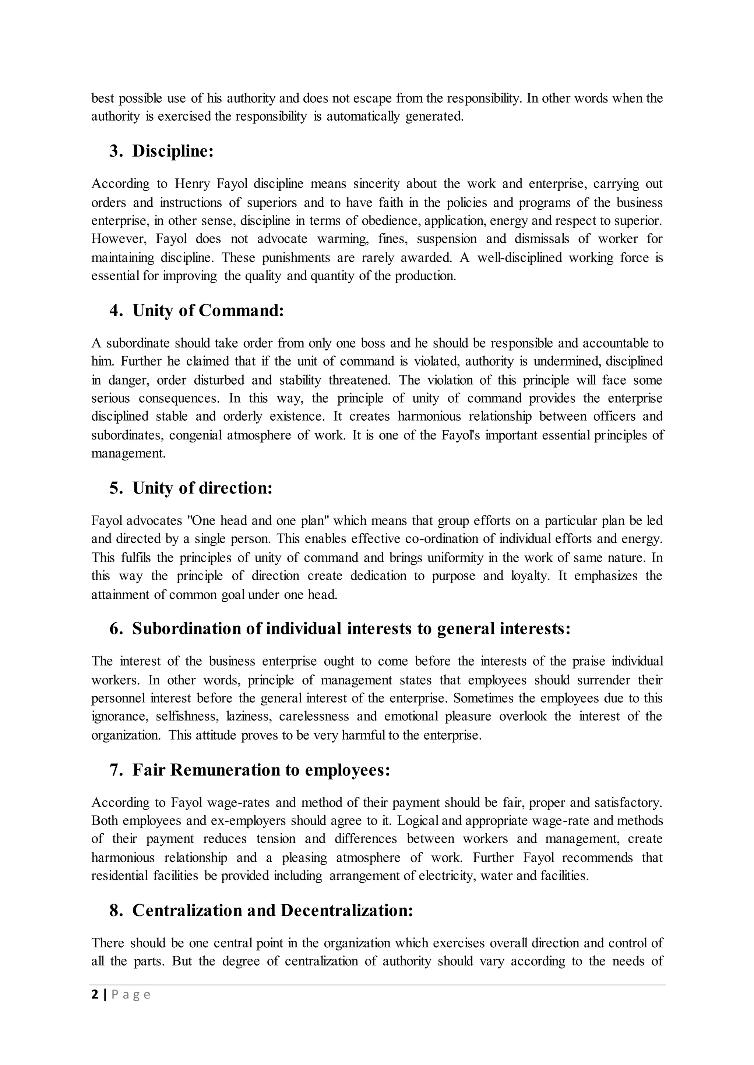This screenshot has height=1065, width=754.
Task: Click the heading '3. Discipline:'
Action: coord(161,151)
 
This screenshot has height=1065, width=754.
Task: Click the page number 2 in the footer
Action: coord(95,995)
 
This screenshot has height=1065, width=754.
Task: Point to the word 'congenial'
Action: coord(195,435)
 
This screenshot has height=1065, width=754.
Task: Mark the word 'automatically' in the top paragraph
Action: coord(363,117)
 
